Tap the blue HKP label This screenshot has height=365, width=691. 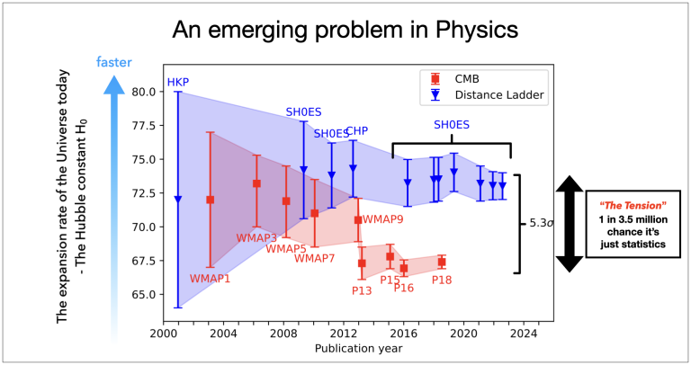[177, 84]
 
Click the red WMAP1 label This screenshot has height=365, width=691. [211, 279]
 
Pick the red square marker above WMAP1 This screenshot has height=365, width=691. [211, 200]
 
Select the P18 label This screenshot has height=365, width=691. [441, 280]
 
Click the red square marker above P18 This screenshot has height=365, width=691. [442, 262]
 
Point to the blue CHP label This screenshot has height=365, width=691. [357, 131]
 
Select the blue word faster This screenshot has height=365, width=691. [114, 62]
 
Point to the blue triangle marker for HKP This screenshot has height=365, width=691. [178, 200]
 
